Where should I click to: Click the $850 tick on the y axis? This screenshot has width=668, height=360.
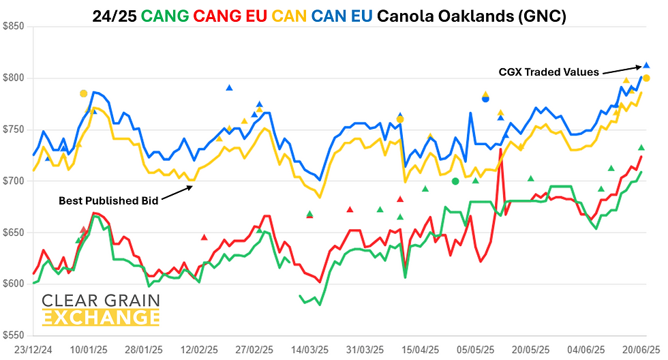point(15,27)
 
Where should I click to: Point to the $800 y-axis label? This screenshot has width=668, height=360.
point(15,78)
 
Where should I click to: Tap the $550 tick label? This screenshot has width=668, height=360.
point(15,335)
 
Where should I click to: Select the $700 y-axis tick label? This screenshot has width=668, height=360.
point(15,181)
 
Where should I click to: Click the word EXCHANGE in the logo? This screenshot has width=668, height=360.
point(100,318)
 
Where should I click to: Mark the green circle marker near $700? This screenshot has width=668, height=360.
point(455,181)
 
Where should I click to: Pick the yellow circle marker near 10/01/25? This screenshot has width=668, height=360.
point(83,93)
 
